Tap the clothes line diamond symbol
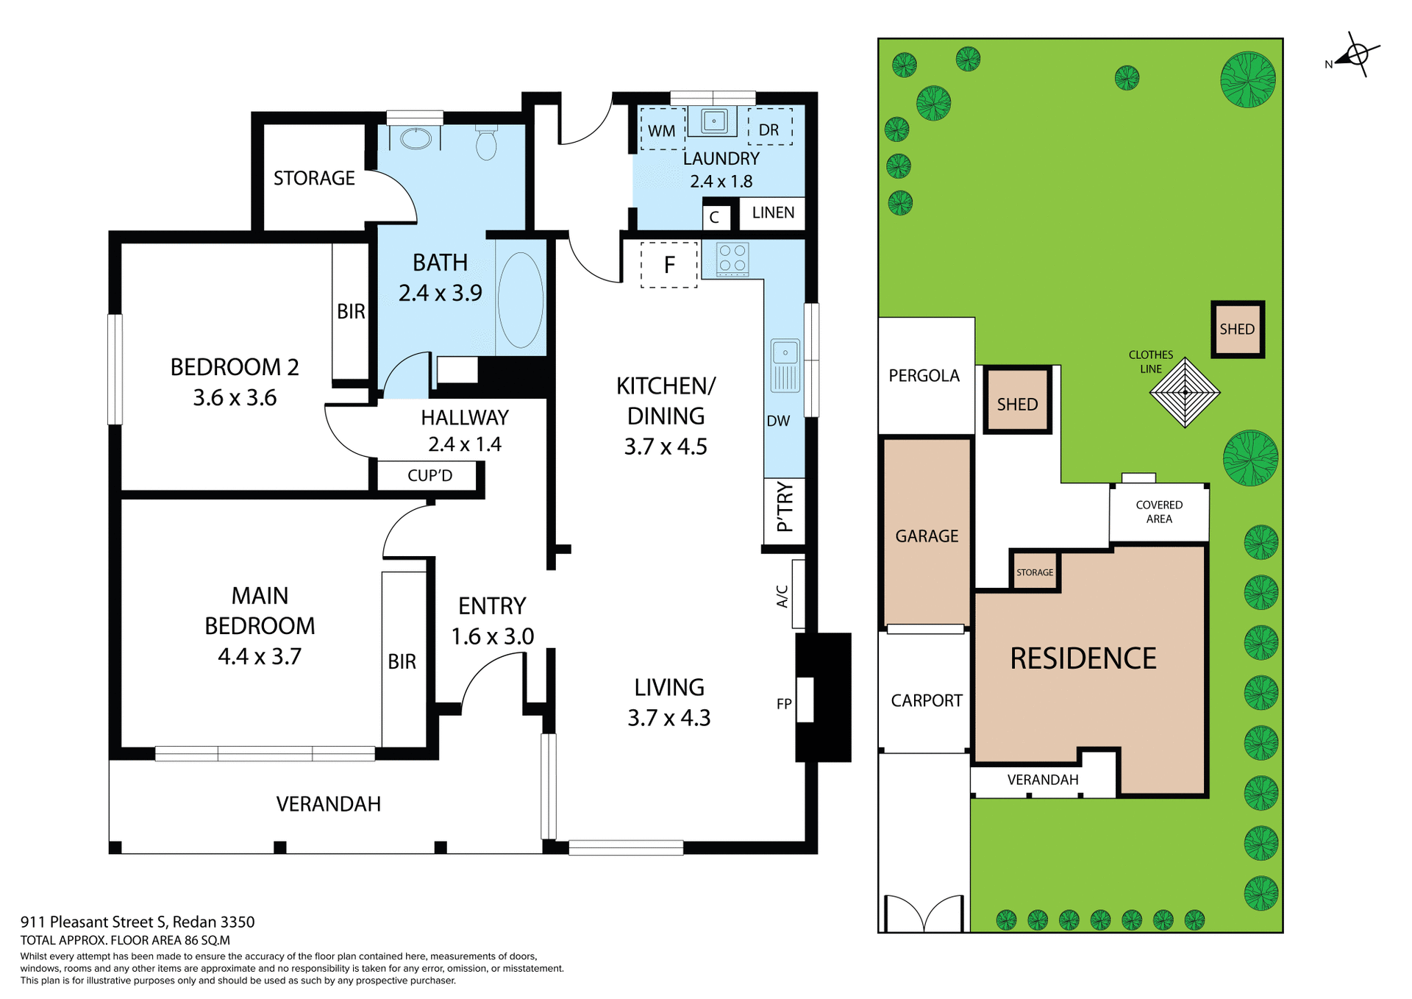coord(1185,393)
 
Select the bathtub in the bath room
coord(521,299)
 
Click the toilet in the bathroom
coord(486,143)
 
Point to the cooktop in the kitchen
coord(732,258)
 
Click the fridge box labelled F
coord(669,265)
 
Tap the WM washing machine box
coord(662,130)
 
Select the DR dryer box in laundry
coord(769,129)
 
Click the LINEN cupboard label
coord(773,213)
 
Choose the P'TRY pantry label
coord(785,508)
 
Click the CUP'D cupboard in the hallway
coord(430,475)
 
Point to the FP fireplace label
coord(784,704)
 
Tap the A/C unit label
coord(782,596)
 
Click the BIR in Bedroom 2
coord(351,312)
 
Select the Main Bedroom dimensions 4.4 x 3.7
coord(260,656)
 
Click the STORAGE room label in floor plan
coord(314,178)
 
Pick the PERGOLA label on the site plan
coord(924,376)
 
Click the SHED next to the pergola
coord(1017,404)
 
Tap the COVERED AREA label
coord(1159,512)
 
